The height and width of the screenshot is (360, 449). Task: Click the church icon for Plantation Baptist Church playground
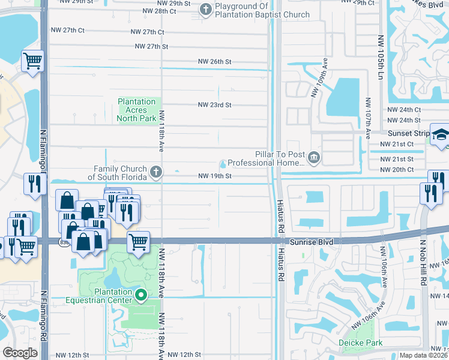point(206,9)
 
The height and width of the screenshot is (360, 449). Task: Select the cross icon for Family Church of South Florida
point(155,173)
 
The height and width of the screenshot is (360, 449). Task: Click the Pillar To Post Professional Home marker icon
point(313,157)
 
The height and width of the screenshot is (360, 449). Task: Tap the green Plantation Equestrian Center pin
point(141,295)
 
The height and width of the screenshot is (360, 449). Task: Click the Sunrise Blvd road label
point(309,241)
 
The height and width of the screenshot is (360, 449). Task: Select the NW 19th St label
point(215,176)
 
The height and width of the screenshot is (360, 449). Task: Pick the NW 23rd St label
point(215,105)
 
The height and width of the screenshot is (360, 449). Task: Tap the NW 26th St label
point(215,61)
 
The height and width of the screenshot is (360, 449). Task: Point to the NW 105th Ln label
point(380,57)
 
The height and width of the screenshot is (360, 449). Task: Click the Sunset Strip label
point(408,133)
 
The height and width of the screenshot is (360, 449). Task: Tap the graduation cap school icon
point(440,135)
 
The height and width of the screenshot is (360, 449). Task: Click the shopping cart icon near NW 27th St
point(32,60)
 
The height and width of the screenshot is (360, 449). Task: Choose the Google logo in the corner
point(20,353)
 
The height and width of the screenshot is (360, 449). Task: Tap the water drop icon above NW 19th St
point(223,164)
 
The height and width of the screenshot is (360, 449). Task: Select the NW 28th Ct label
point(152,11)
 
